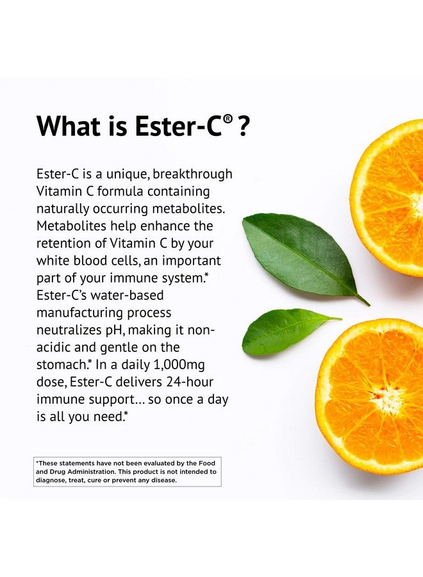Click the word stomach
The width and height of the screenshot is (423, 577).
[x=63, y=365]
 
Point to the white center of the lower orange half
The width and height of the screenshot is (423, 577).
[x=387, y=399]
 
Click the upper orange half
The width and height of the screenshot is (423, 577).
[x=391, y=199]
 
